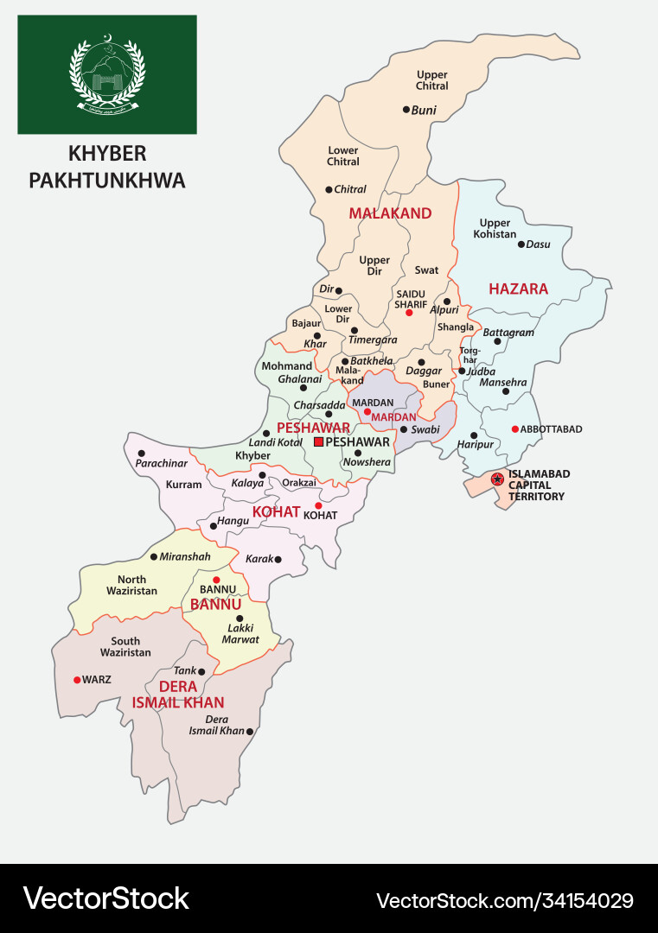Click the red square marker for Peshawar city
[318, 441]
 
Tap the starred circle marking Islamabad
[497, 479]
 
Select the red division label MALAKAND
[390, 213]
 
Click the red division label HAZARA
[518, 289]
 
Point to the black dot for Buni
[406, 110]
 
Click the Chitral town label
[350, 189]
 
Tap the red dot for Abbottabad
[514, 428]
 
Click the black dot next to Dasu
[521, 244]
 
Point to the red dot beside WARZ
[77, 680]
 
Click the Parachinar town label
[161, 464]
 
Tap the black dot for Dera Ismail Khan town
[250, 732]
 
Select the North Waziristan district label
[131, 585]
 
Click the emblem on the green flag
[107, 73]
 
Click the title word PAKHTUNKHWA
[107, 181]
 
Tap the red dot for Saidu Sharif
[409, 312]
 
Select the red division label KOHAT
[275, 512]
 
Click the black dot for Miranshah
[153, 557]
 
